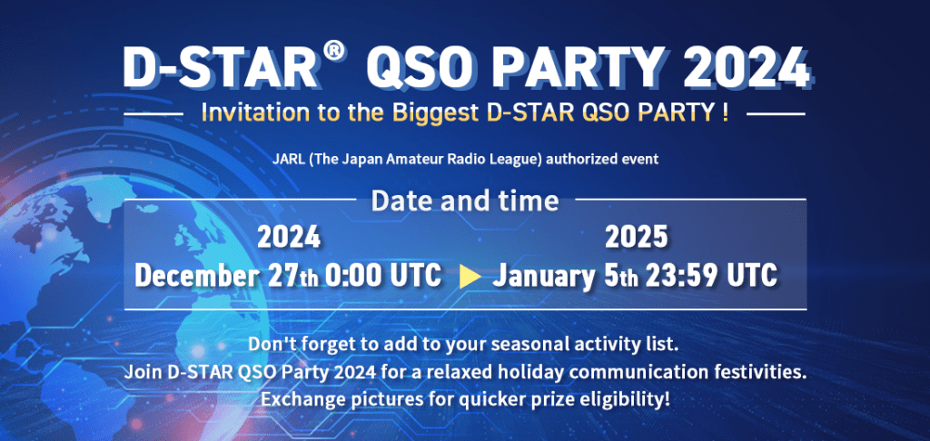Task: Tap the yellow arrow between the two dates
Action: click(470, 277)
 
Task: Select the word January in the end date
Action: click(541, 276)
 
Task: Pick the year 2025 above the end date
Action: click(636, 239)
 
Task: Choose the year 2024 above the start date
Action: click(289, 239)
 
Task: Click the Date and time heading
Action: click(465, 201)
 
